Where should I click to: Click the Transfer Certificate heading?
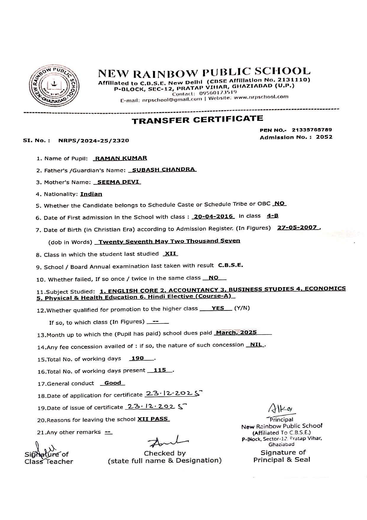tap(197, 119)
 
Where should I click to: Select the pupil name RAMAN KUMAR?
tap(120, 158)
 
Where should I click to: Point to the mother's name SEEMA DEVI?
tap(117, 182)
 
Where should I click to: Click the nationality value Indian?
tap(91, 194)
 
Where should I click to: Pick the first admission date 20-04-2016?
tap(213, 217)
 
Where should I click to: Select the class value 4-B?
tap(272, 216)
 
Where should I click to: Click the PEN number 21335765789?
tap(312, 130)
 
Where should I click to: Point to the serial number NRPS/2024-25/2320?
tap(94, 140)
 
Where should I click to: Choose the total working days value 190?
tap(138, 359)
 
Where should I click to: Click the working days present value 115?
tap(160, 370)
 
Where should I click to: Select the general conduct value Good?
tap(112, 383)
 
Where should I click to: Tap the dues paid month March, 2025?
tap(236, 332)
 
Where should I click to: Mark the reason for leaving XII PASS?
tap(153, 419)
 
